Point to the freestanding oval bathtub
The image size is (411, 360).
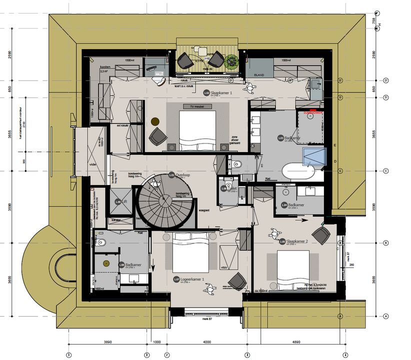[x=298, y=172]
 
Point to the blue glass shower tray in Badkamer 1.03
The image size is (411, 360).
[x=313, y=156]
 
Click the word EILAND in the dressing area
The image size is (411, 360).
[x=259, y=74]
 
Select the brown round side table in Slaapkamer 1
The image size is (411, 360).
[x=154, y=121]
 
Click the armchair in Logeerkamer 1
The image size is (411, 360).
[x=237, y=281]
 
